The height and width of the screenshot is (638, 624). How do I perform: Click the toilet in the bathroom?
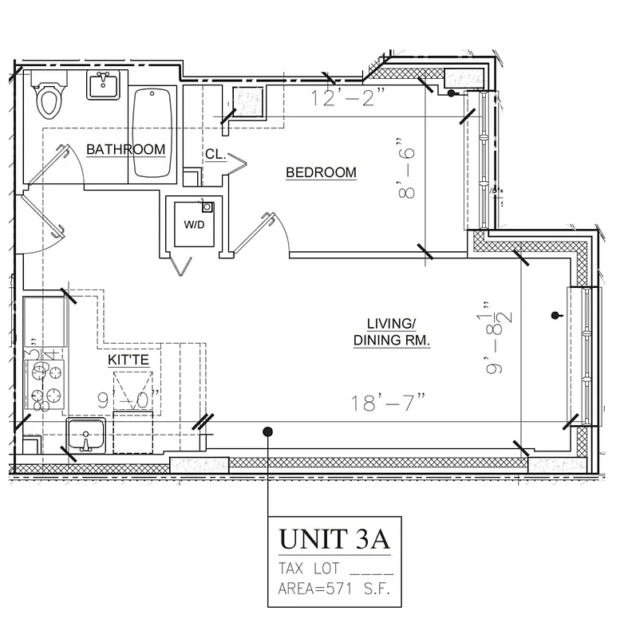point(49,97)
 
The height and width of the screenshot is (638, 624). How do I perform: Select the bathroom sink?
point(103,85)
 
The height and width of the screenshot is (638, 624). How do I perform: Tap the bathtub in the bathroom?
point(152,132)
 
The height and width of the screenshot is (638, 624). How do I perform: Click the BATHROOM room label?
point(126,149)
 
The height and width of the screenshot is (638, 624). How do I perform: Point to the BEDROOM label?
point(321,172)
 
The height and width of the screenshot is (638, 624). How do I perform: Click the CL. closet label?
point(215,154)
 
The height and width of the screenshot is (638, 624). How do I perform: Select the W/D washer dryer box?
point(195,224)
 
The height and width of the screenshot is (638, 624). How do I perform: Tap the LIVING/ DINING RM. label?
point(392,332)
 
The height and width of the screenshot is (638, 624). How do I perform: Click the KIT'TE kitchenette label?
point(128,360)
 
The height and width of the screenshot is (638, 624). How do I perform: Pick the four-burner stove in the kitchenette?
point(46,384)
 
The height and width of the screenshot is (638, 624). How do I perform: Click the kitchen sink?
point(86,437)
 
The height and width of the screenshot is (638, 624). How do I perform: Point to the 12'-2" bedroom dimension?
point(349,100)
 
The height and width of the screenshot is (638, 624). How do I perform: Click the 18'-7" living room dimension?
point(385,403)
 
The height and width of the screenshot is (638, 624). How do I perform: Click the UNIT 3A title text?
point(334,539)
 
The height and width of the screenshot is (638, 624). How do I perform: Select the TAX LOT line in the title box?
point(334,569)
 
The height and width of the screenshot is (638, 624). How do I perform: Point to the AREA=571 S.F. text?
point(334,590)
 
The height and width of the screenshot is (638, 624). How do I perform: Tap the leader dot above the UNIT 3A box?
point(267,431)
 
